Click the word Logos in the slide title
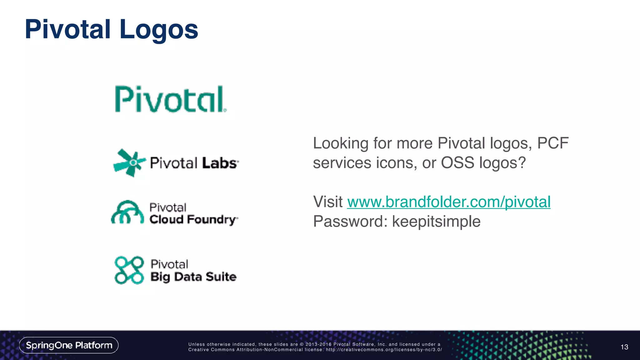[158, 30]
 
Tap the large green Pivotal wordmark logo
[170, 99]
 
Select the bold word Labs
[220, 163]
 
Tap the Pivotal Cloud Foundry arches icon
[127, 212]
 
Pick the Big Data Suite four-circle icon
[129, 270]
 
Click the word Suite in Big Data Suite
[221, 277]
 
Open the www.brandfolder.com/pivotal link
[448, 202]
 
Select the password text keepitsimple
[436, 222]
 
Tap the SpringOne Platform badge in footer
[69, 345]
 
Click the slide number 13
[624, 347]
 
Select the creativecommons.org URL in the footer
[384, 350]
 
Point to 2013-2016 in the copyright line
[318, 344]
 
